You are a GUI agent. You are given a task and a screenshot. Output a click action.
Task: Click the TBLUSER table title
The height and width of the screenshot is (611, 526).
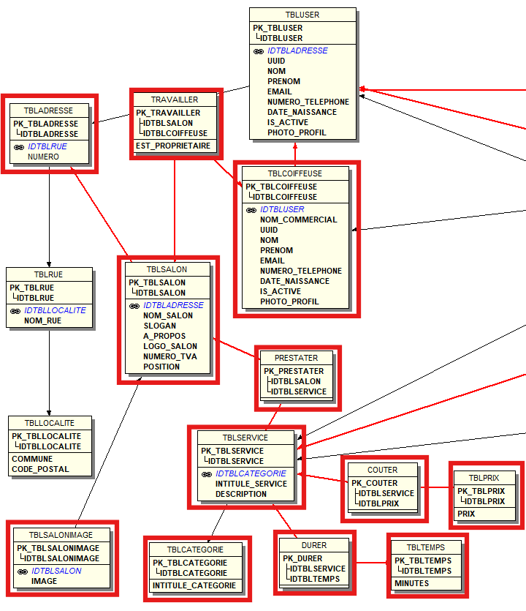click(302, 15)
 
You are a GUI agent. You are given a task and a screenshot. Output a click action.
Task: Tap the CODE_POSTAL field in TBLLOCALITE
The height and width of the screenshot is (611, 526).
click(40, 469)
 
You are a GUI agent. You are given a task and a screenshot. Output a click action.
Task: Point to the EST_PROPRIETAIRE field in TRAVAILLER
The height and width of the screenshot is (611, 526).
click(172, 146)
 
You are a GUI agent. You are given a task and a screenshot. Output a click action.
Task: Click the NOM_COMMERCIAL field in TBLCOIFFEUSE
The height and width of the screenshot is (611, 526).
click(298, 220)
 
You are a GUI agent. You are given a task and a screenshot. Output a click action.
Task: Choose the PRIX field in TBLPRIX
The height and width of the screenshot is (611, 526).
click(466, 514)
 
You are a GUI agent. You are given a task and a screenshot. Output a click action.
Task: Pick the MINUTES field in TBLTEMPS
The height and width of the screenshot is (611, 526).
click(412, 584)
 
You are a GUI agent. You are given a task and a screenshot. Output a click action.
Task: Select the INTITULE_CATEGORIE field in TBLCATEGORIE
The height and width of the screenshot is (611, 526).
click(194, 585)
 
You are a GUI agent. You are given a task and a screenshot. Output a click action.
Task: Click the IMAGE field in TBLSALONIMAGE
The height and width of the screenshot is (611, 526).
click(44, 581)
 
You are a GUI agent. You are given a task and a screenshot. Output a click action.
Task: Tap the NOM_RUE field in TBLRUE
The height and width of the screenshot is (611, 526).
click(43, 321)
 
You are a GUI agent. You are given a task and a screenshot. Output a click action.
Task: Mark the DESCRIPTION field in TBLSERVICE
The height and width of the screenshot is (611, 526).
click(240, 494)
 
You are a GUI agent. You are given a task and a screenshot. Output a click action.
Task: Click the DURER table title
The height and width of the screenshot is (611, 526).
click(314, 545)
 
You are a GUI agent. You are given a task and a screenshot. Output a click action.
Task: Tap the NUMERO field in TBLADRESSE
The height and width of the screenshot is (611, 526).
click(43, 157)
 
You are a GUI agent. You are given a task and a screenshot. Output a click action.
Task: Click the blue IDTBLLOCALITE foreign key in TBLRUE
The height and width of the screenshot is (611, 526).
click(55, 310)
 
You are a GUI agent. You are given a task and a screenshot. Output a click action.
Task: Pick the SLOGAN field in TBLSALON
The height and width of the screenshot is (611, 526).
click(159, 326)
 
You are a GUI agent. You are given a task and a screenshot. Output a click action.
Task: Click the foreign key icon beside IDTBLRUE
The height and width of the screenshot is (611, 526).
click(19, 146)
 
